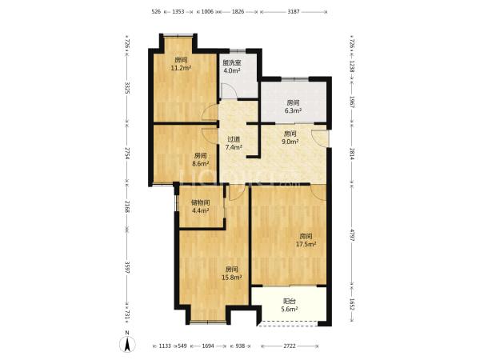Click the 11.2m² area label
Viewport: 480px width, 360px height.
(x=182, y=68)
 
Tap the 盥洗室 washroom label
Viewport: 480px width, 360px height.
(x=232, y=63)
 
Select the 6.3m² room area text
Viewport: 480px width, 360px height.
(x=294, y=110)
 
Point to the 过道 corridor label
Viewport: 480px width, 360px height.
(x=234, y=139)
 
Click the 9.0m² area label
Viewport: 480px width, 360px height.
(x=290, y=142)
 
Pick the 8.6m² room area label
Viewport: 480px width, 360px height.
(x=201, y=164)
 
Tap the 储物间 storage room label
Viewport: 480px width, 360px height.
(x=201, y=202)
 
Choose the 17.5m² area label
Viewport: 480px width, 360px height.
(x=306, y=244)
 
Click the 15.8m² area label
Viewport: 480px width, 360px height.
(x=232, y=278)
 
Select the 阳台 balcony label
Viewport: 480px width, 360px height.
(x=290, y=302)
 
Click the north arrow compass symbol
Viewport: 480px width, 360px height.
(x=127, y=343)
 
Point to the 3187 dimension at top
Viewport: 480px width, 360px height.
(x=294, y=12)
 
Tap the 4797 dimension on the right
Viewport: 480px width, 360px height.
(x=352, y=234)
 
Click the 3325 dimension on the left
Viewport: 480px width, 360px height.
(x=127, y=90)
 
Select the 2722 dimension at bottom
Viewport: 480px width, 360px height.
(x=290, y=346)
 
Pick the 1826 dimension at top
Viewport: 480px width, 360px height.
(x=238, y=12)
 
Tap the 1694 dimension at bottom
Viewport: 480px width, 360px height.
(x=208, y=346)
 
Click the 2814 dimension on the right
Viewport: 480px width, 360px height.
(x=352, y=154)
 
